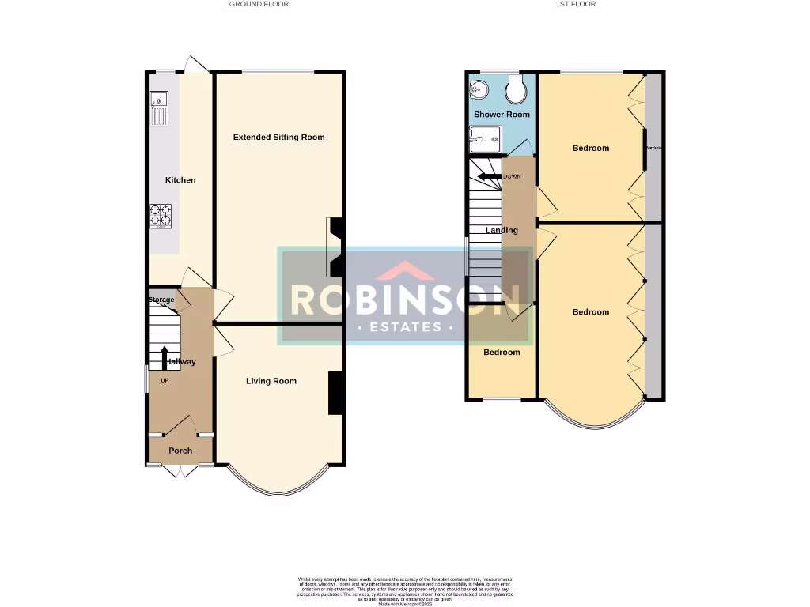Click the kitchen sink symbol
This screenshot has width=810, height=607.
[x=159, y=109]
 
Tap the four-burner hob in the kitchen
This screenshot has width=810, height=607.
[x=161, y=216]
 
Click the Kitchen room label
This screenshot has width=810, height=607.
[x=180, y=180]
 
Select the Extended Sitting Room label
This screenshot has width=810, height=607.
[x=278, y=137]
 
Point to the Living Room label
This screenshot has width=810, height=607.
[x=271, y=381]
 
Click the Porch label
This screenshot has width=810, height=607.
[x=180, y=451]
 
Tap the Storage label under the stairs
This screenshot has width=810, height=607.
[x=161, y=300]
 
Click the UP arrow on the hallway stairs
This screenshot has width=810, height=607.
[x=165, y=358]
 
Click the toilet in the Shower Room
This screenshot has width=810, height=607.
[x=517, y=92]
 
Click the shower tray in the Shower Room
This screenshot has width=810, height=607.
[x=484, y=141]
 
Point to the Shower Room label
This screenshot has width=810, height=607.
[x=502, y=115]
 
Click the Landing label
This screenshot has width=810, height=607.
[x=502, y=230]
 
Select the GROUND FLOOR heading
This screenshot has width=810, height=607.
[x=259, y=4]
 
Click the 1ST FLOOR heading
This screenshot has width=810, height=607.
[x=576, y=4]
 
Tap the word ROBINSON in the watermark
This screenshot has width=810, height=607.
[x=405, y=300]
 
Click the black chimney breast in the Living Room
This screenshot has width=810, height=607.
[x=335, y=393]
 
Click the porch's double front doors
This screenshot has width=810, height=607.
[x=180, y=471]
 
